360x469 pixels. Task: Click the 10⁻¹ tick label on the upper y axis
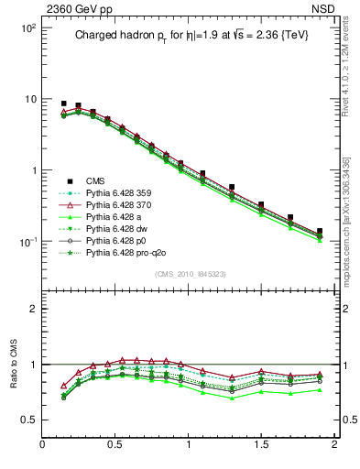pos(27,242)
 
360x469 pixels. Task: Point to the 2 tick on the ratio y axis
pos(32,309)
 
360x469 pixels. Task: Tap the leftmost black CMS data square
pos(63,104)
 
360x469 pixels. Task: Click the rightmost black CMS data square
pos(320,232)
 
